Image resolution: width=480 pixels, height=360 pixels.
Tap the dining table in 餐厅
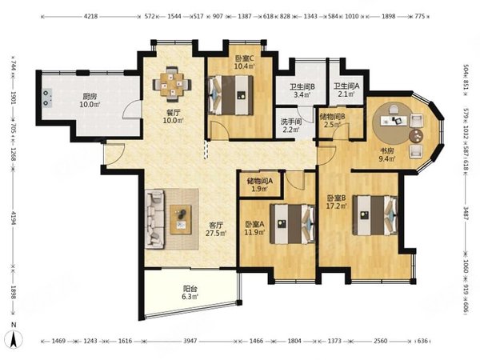(172, 84)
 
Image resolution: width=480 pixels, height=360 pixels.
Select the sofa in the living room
(154, 218)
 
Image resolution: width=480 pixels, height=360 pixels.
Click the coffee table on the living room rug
(181, 219)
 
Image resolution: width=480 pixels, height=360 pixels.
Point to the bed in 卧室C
(231, 95)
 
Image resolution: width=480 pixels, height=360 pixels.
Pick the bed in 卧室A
(292, 224)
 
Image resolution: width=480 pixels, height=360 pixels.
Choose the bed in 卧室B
(375, 215)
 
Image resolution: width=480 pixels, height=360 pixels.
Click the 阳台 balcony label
(190, 288)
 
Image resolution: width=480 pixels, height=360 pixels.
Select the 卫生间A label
(346, 86)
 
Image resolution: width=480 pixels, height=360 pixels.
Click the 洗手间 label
(291, 122)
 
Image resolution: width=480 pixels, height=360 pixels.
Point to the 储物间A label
(260, 181)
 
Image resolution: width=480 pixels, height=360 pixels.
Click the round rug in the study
(395, 123)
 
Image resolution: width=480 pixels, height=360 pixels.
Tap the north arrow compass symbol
(14, 339)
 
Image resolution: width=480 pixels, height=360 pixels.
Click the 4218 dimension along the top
(90, 16)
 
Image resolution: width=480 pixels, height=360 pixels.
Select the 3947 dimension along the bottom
(190, 341)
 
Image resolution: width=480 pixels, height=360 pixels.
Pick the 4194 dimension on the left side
(13, 218)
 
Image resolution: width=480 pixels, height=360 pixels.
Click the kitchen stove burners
(46, 98)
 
